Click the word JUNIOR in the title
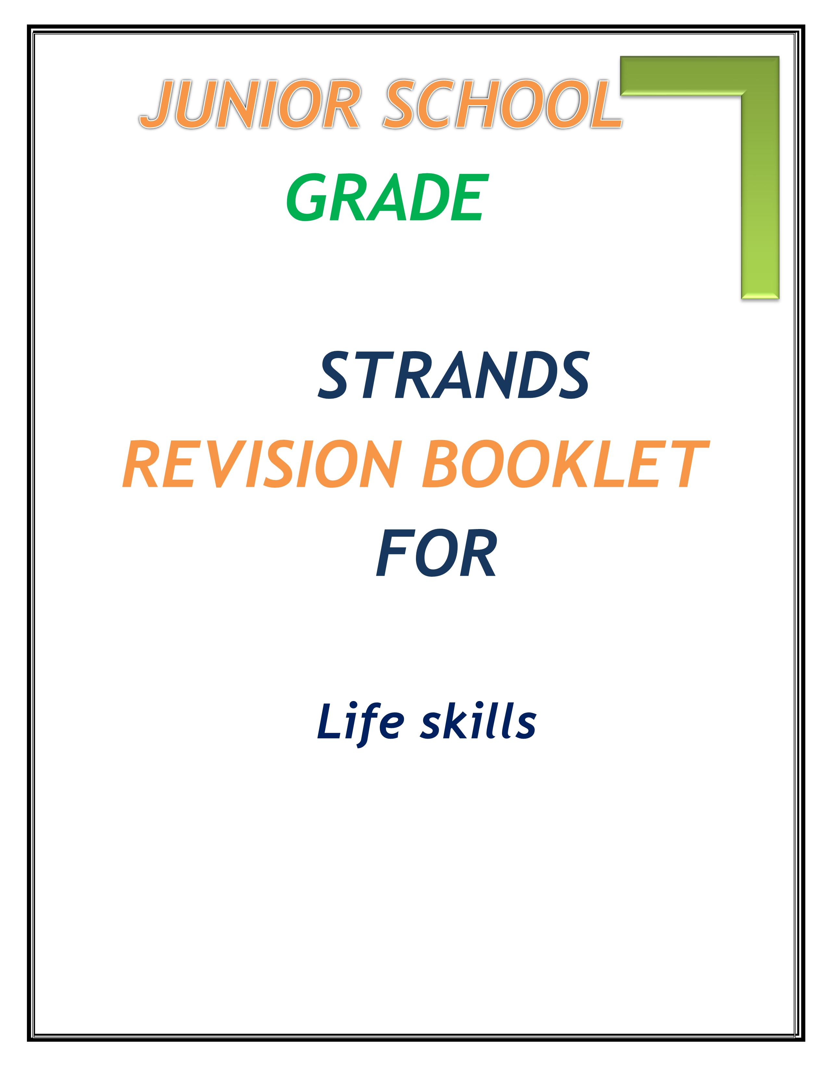pos(250,104)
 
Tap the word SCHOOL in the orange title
pos(503,104)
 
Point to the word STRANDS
pos(453,375)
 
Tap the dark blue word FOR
pos(436,553)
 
